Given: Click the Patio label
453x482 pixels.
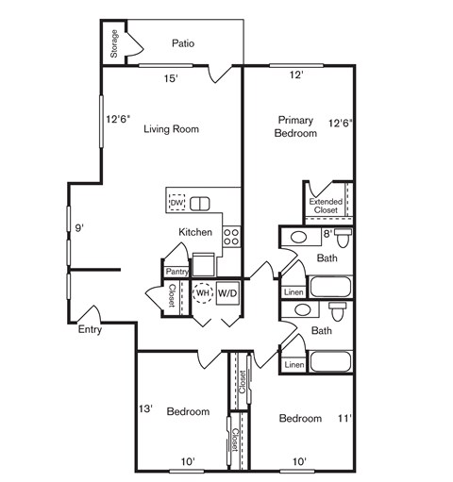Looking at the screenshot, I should [x=183, y=42].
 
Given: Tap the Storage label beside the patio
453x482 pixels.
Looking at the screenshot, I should [x=114, y=45].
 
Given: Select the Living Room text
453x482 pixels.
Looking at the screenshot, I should [x=171, y=129].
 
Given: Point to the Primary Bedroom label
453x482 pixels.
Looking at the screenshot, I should [x=294, y=126].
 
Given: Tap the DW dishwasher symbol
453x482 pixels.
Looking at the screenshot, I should [x=176, y=203].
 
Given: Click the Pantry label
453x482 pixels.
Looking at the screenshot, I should [x=176, y=272].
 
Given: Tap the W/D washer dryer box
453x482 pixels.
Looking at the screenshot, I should [x=227, y=293].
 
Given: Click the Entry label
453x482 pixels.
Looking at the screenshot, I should [x=91, y=330].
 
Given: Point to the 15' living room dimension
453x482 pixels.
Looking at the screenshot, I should [x=171, y=79].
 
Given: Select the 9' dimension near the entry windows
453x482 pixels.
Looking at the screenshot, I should [x=80, y=227].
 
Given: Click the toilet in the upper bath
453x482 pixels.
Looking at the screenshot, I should [x=343, y=237].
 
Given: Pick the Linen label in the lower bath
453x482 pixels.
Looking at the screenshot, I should [x=294, y=364].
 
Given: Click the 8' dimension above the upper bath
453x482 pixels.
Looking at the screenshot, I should [x=327, y=232].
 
